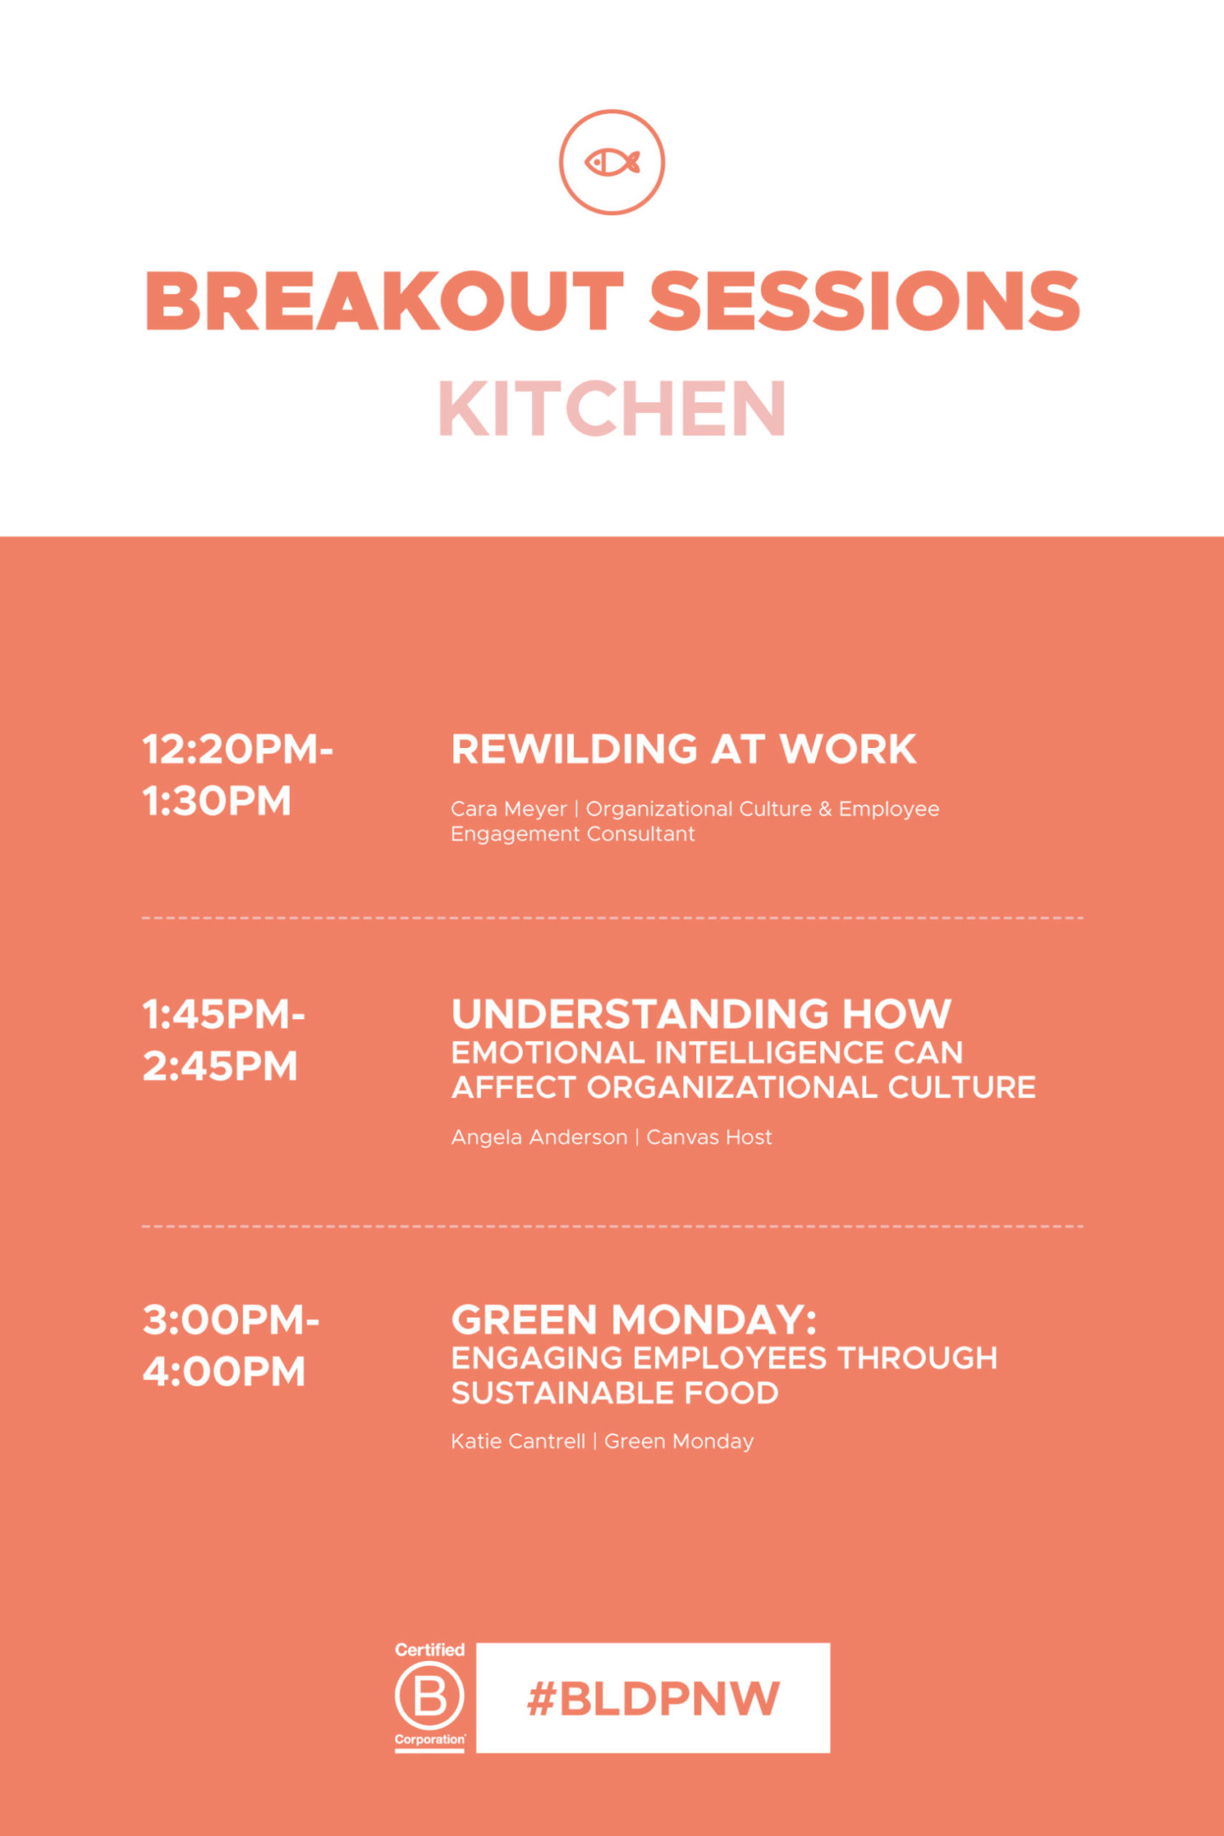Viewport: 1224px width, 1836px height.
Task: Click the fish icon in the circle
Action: [612, 161]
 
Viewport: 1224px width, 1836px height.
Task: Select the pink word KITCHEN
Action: [612, 409]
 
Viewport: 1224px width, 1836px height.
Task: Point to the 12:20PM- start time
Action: [238, 749]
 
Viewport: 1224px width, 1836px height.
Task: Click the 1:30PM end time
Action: [217, 801]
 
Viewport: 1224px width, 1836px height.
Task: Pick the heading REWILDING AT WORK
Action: [683, 749]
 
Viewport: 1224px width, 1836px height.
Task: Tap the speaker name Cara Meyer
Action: [508, 808]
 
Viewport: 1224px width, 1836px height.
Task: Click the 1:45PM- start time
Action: [224, 1014]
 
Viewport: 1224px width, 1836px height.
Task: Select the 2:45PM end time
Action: [220, 1066]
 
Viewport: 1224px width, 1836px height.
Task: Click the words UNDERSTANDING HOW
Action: [701, 1013]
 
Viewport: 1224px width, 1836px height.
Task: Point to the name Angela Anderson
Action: [539, 1137]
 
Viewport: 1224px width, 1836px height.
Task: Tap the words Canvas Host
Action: [709, 1137]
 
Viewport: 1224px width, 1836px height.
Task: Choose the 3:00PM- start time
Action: [231, 1319]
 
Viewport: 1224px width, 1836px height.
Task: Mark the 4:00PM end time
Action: [224, 1371]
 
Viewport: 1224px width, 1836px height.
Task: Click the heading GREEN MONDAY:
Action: [634, 1319]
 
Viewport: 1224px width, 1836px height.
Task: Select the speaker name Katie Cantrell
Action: [518, 1442]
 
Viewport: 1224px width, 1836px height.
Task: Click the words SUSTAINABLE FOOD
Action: [615, 1393]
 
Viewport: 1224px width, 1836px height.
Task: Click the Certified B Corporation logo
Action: [430, 1697]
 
